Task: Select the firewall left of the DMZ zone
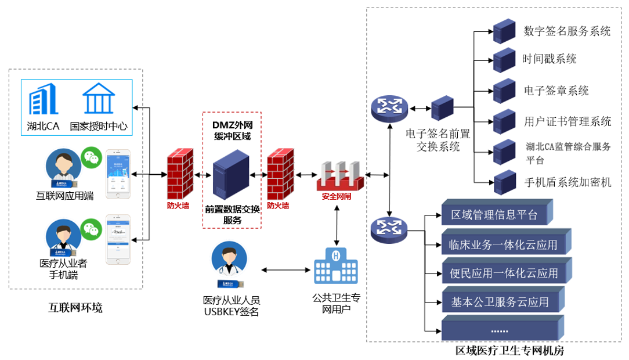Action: tap(180, 174)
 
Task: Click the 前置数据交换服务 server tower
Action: tap(231, 174)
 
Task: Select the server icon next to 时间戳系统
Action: tap(504, 59)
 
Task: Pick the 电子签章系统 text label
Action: tap(556, 91)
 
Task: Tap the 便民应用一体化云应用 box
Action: tap(504, 273)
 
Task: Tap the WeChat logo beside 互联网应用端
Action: tap(90, 156)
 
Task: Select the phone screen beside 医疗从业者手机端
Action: tap(118, 239)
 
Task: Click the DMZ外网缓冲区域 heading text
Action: tap(232, 130)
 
